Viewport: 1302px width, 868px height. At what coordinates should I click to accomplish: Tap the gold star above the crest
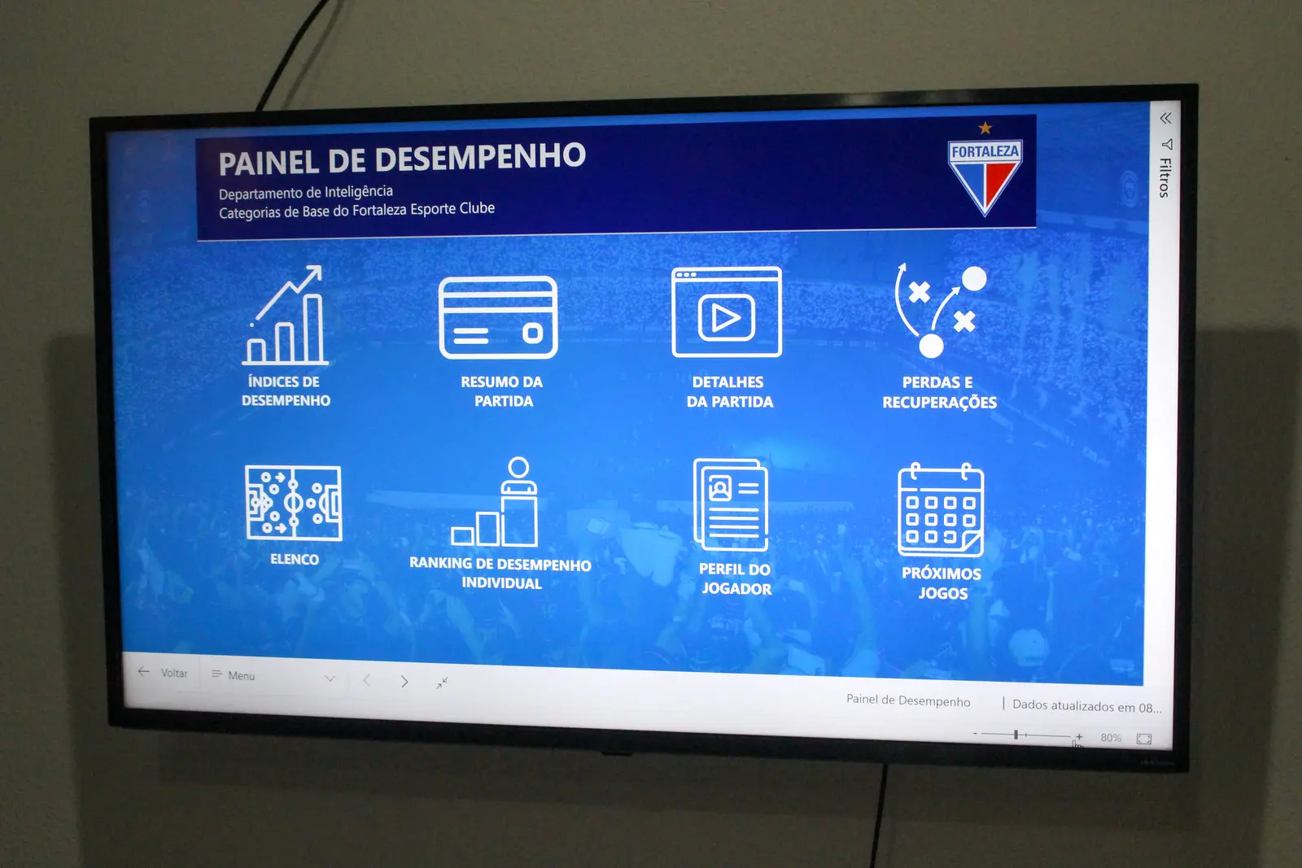click(985, 127)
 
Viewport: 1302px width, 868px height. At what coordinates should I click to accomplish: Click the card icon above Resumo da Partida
click(498, 317)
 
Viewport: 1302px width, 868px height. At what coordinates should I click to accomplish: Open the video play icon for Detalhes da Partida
click(727, 312)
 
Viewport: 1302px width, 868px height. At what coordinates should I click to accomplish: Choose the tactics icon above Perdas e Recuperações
click(941, 310)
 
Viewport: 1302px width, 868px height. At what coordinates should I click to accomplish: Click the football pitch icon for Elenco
click(294, 503)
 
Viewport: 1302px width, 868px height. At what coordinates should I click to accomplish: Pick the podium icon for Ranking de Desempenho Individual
click(495, 501)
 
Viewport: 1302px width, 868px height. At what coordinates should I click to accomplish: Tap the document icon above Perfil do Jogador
click(731, 504)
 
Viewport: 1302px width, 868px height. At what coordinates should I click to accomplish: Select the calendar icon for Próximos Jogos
click(941, 510)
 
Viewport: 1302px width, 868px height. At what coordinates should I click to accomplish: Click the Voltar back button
click(164, 673)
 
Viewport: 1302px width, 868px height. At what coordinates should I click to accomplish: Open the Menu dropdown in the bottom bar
click(273, 676)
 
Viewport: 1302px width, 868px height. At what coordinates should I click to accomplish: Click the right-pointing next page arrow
click(404, 681)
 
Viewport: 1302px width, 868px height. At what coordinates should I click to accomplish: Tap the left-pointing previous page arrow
click(366, 680)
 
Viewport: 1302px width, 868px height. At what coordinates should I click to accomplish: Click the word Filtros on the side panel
click(1164, 178)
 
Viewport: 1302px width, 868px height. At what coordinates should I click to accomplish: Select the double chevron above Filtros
click(1165, 119)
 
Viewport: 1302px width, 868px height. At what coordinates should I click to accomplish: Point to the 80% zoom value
click(1111, 737)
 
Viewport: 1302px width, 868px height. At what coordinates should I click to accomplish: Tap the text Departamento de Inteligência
click(306, 192)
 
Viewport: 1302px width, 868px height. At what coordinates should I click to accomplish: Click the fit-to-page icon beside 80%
click(1144, 739)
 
